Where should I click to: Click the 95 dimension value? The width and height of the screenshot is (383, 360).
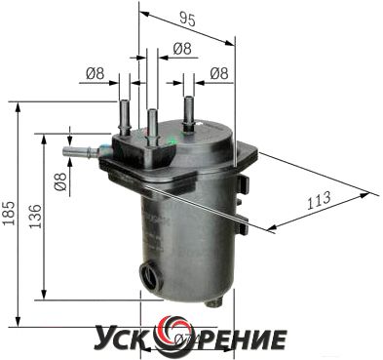click(187, 20)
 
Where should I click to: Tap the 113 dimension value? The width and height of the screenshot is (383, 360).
click(319, 201)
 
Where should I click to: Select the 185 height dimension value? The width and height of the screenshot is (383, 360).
click(9, 213)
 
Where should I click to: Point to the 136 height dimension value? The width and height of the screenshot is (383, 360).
click(36, 217)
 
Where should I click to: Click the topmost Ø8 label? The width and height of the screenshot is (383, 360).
click(182, 49)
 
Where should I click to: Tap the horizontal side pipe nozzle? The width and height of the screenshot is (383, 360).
click(80, 152)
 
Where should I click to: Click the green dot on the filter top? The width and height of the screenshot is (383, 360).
click(172, 141)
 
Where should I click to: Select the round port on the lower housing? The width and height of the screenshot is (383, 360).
click(151, 274)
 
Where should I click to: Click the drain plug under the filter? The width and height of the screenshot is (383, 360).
click(214, 302)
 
